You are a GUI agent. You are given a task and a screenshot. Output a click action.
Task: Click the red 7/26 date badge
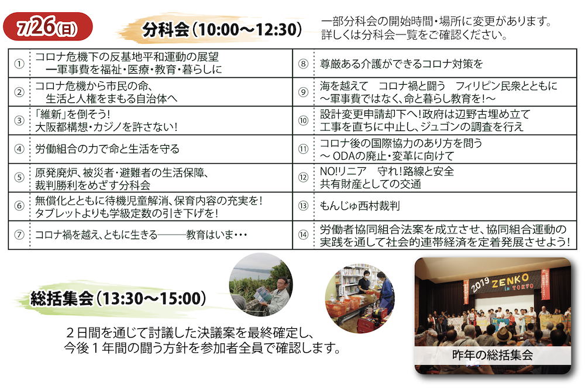pos(48,26)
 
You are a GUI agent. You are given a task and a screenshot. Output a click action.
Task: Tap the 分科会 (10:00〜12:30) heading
pos(222,29)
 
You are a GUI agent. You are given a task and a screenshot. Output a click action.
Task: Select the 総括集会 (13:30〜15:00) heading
pos(118,298)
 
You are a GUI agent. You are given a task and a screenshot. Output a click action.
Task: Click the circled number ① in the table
pos(19,64)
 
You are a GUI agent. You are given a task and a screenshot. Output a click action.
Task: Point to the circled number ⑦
pos(19,235)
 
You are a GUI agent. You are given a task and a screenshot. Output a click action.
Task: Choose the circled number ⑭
pos(303,235)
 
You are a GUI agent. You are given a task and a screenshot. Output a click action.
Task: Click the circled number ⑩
pos(303,121)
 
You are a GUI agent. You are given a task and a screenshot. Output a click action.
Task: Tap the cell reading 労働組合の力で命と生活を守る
pos(108,149)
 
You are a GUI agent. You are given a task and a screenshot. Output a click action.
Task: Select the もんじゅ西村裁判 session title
pos(360,205)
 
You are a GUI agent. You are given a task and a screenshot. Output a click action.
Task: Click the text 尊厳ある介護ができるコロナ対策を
pos(401,64)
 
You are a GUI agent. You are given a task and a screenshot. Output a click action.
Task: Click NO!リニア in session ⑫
pos(343,171)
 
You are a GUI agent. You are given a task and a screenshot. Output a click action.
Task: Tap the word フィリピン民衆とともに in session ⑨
pos(506,86)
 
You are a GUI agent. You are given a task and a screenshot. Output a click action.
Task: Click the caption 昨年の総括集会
pos(493,354)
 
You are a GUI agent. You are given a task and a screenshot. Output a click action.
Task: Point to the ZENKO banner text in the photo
pos(510,280)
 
